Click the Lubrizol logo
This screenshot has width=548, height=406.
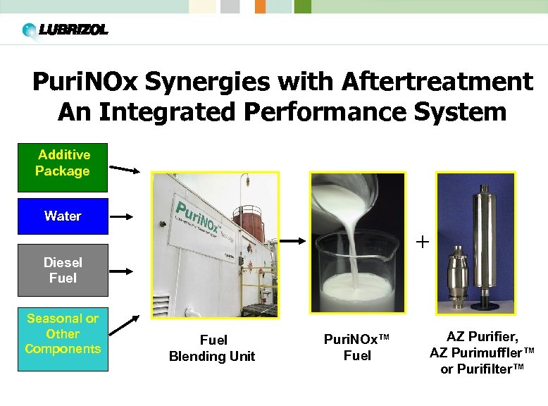pyautogui.click(x=65, y=30)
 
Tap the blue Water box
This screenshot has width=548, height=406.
pyautogui.click(x=63, y=216)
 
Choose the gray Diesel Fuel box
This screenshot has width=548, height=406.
pyautogui.click(x=63, y=270)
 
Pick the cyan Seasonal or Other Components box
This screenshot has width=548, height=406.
pyautogui.click(x=63, y=338)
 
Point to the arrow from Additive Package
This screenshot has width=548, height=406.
pyautogui.click(x=125, y=169)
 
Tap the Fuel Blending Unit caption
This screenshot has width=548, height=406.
pyautogui.click(x=212, y=348)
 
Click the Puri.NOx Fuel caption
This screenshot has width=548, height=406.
pyautogui.click(x=357, y=347)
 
